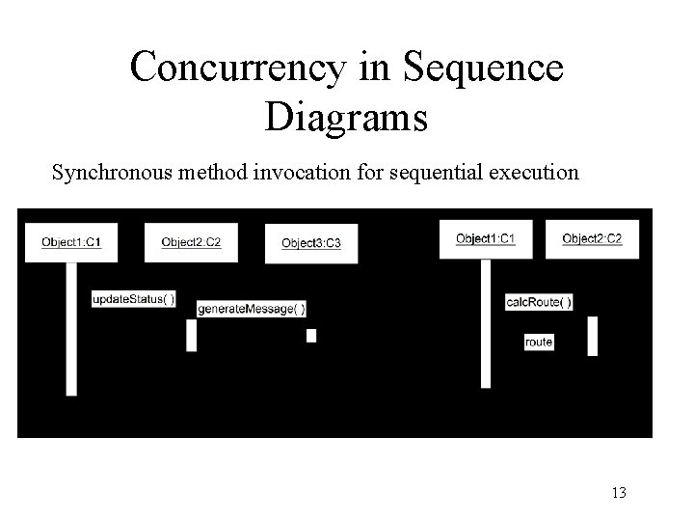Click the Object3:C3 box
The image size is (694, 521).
(310, 243)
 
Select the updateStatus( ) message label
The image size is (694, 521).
(134, 299)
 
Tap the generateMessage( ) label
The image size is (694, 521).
(252, 309)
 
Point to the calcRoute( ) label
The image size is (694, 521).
(539, 302)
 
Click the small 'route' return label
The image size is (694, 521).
(539, 343)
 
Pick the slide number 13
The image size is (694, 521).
(619, 493)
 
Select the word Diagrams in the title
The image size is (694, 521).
(346, 117)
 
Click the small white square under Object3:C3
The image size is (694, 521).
(311, 336)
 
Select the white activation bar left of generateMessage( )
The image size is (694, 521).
(191, 336)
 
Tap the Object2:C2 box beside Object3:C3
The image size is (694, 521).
(191, 242)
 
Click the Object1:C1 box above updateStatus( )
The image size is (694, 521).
(71, 242)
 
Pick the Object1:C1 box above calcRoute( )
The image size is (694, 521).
(485, 238)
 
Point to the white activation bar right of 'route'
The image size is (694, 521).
(592, 336)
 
